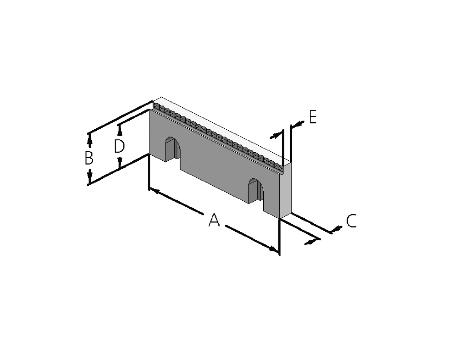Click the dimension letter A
tap(214, 220)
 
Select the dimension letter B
tap(89, 158)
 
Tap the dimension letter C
tap(351, 221)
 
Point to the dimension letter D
tap(120, 146)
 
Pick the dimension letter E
tap(313, 117)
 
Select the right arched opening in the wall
tap(256, 191)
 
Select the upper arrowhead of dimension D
tap(120, 130)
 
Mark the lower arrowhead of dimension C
tap(311, 242)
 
